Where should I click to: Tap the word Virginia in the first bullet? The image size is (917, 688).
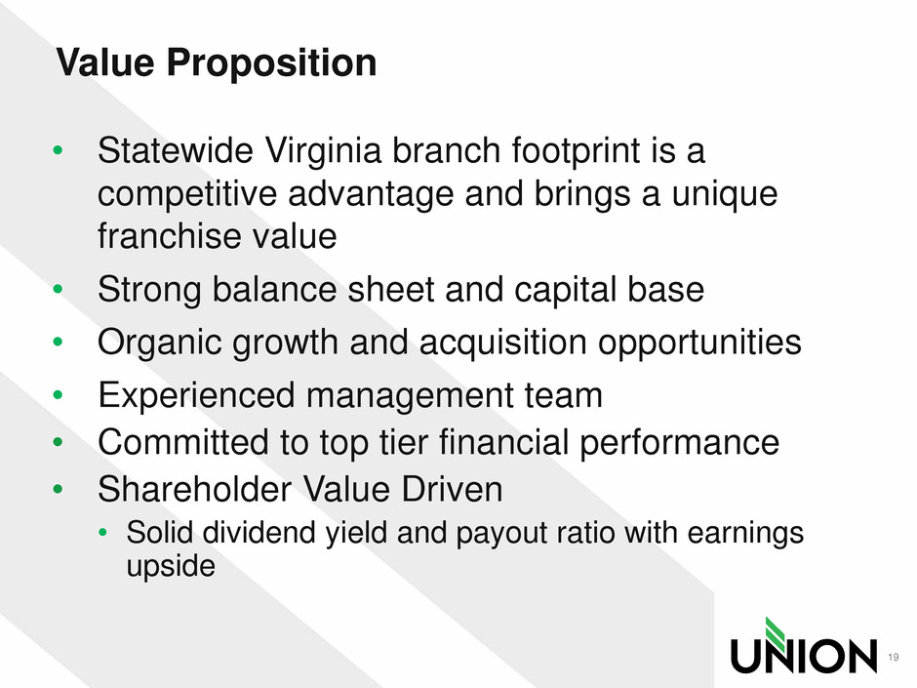pos(324,152)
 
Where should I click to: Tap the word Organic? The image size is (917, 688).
pos(160,344)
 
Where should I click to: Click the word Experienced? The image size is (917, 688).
pos(196,396)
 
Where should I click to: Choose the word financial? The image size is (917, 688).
pos(503,442)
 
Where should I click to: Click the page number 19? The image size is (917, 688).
pos(893,657)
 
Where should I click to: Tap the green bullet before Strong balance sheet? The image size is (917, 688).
pos(58,289)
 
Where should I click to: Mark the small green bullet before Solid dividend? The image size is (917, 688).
pos(103,533)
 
